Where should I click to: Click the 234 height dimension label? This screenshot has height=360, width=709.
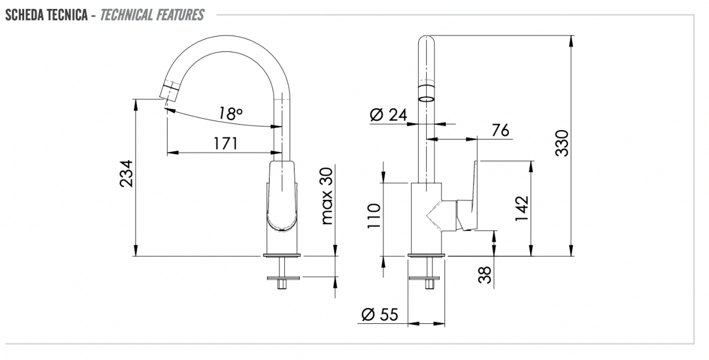[x=126, y=174]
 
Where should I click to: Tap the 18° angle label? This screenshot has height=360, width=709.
[x=231, y=113]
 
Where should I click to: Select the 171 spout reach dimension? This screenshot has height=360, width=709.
[x=225, y=144]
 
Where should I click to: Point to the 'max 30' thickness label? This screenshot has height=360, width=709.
[x=327, y=196]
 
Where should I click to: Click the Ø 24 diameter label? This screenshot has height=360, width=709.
[x=388, y=115]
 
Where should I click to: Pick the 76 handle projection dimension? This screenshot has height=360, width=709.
[x=500, y=130]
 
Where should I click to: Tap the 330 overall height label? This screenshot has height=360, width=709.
[x=562, y=143]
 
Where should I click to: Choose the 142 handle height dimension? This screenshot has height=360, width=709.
[x=522, y=209]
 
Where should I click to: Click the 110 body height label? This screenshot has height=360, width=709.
[x=373, y=216]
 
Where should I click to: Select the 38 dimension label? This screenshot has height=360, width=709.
[x=485, y=274]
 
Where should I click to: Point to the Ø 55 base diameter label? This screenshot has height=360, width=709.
[x=379, y=314]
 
